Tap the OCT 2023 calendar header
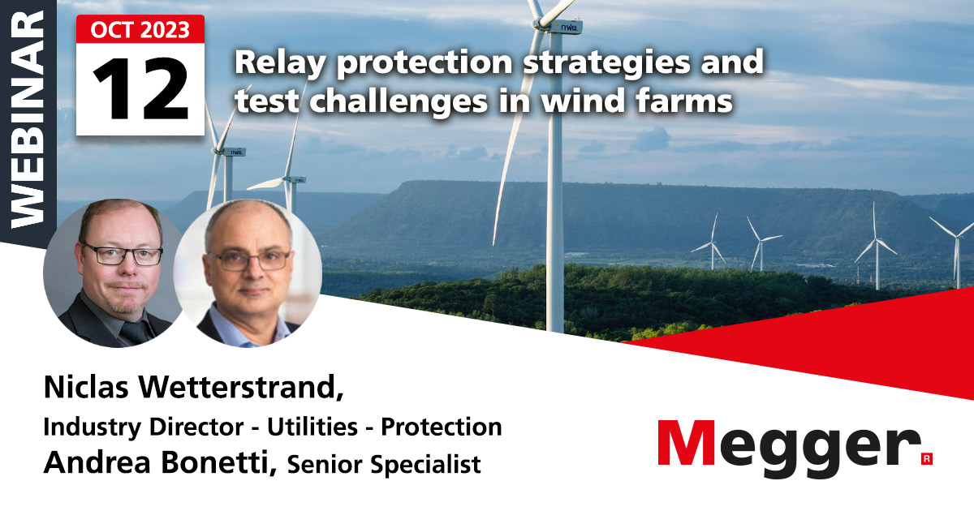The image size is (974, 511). pyautogui.click(x=140, y=30)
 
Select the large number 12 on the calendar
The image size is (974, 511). pyautogui.click(x=140, y=88)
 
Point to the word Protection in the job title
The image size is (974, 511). pyautogui.click(x=442, y=427)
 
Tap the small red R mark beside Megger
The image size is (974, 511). pyautogui.click(x=926, y=459)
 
